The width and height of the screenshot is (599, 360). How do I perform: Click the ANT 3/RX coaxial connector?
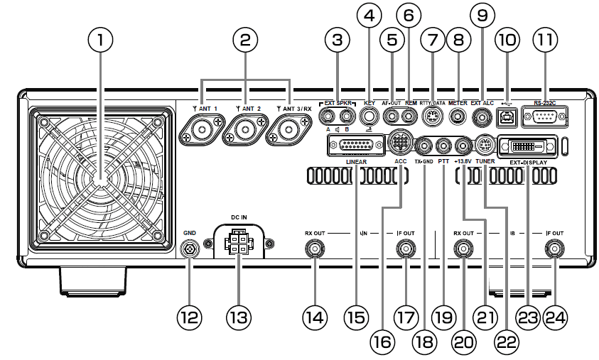[x=289, y=131]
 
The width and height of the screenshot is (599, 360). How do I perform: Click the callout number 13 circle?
[x=238, y=319]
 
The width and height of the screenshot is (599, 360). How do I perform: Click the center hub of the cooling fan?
[x=100, y=183]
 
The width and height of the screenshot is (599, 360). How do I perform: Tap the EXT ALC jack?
[x=484, y=116]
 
